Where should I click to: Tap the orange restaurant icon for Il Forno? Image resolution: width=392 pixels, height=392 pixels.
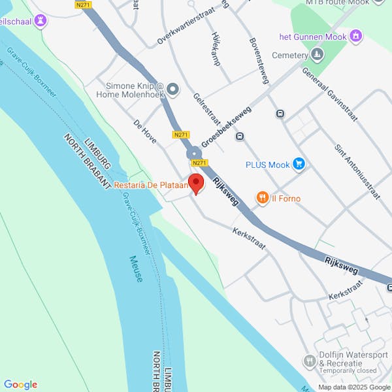(x=263, y=197)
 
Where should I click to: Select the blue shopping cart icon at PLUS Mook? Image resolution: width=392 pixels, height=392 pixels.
(x=299, y=163)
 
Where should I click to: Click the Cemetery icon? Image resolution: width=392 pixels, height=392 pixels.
(x=318, y=55)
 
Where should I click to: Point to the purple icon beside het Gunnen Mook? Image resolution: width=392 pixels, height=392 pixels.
(x=356, y=35)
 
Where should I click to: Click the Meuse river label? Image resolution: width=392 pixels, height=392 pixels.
(x=136, y=269)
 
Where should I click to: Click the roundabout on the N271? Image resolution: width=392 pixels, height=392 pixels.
(x=194, y=155)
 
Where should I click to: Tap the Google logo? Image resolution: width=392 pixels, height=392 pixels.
(x=20, y=385)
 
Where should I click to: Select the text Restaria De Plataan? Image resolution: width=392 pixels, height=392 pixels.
(x=151, y=186)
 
